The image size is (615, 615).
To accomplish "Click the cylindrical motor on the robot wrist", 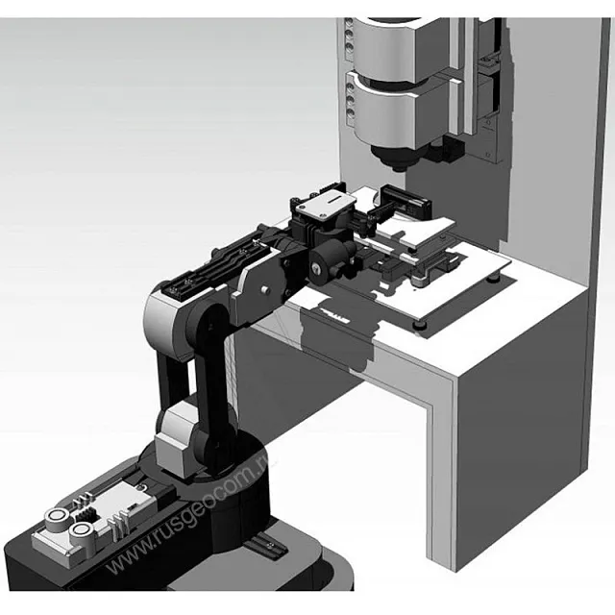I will coord(331,258).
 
